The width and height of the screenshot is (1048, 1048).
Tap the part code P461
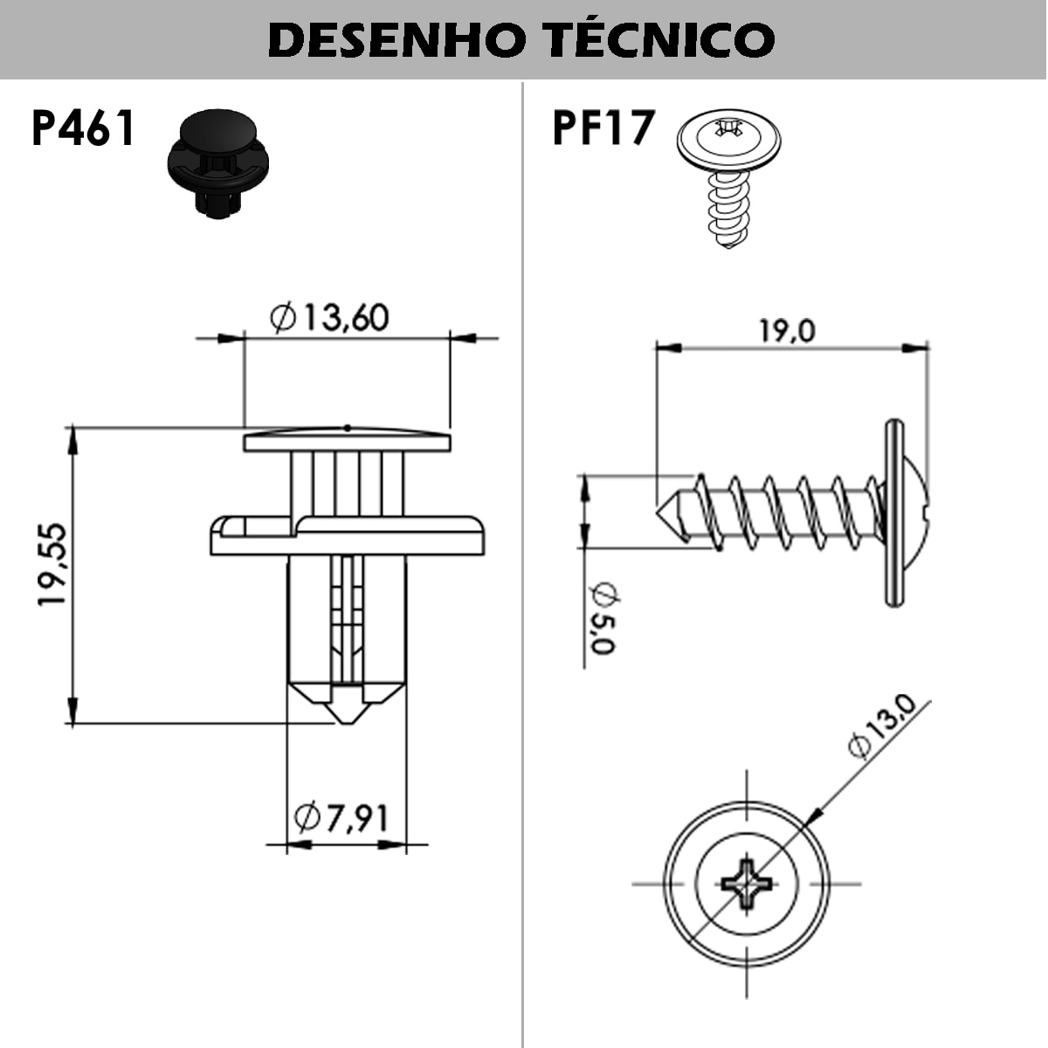(83, 129)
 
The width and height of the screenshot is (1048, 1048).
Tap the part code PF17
(603, 128)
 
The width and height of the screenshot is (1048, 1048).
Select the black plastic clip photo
(217, 163)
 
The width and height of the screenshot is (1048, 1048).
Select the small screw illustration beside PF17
(728, 175)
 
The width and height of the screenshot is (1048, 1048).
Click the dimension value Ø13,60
(329, 318)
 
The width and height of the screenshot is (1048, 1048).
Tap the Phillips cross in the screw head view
(747, 884)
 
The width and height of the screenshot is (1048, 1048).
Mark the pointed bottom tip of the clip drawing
(347, 721)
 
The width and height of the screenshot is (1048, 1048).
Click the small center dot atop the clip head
(347, 427)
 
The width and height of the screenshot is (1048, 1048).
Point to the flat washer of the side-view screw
(893, 514)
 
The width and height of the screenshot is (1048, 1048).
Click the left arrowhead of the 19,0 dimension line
(667, 348)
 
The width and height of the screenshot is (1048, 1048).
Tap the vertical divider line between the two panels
(522, 568)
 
